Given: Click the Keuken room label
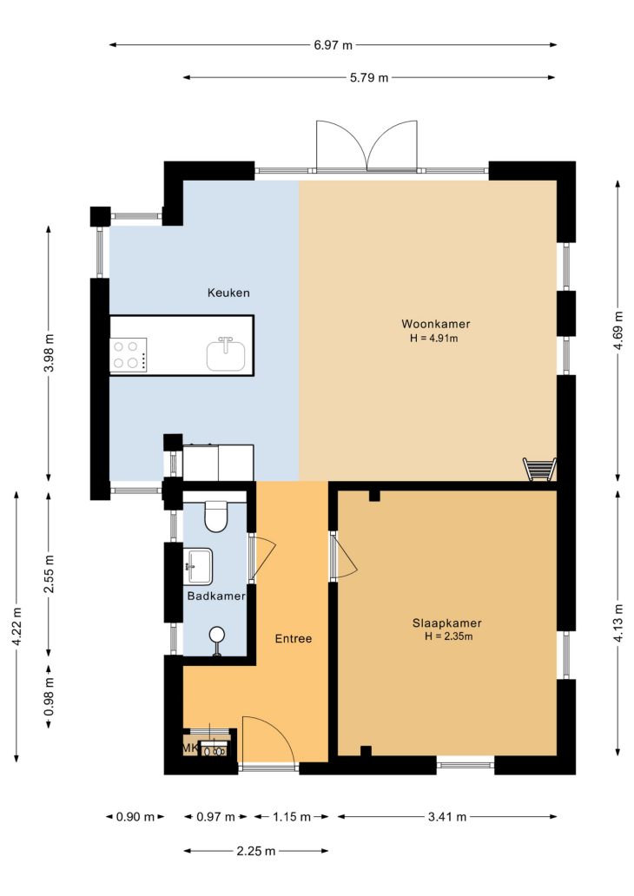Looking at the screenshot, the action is tap(228, 293).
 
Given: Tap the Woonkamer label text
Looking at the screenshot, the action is tap(436, 324).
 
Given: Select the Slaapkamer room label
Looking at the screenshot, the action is tap(447, 623).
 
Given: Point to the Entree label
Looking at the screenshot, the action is tap(294, 639).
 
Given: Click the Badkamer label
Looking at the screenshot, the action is tap(216, 596).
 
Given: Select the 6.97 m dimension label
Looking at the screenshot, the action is tap(333, 45).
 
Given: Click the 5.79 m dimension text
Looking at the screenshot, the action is tap(369, 78).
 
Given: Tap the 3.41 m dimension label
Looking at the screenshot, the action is tap(447, 817).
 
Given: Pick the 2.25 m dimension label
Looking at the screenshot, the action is tap(256, 852).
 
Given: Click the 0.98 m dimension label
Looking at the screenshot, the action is tap(50, 696).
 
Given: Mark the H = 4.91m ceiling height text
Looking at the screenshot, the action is tap(434, 339).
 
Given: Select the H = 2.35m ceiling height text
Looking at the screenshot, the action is tap(449, 636).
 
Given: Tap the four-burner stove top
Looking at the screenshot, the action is tap(128, 354).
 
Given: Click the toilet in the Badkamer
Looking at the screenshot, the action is tap(216, 516).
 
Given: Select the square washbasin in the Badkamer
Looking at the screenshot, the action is tap(198, 566).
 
